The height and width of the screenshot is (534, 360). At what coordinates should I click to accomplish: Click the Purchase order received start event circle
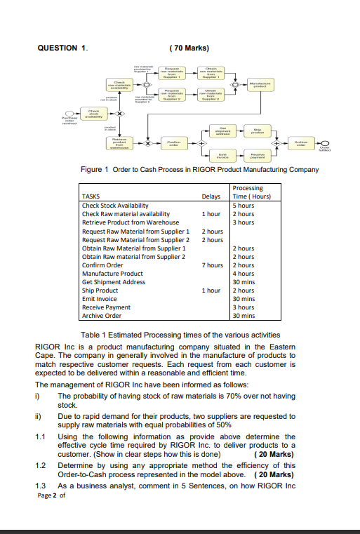(68, 112)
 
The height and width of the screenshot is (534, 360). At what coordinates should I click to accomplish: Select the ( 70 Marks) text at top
(189, 48)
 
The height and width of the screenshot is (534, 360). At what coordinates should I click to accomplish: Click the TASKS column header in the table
(91, 196)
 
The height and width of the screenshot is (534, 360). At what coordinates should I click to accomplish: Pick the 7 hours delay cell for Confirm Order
(211, 265)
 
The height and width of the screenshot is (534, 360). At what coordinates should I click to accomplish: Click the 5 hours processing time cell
(244, 205)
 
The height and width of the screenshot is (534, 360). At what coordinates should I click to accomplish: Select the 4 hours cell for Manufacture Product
(244, 274)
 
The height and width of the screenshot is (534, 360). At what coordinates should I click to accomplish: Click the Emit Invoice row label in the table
(100, 299)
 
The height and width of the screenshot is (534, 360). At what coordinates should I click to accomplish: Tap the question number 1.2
(41, 465)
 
